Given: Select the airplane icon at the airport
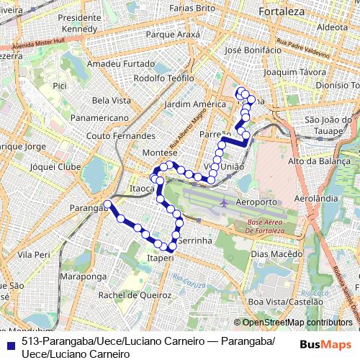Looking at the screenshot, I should tap(225, 202).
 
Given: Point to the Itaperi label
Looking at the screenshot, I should tap(160, 257).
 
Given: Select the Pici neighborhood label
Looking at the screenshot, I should tap(60, 86).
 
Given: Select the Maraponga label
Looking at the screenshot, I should tap(84, 276).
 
